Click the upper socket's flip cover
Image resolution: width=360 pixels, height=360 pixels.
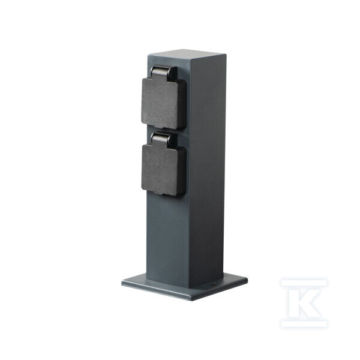(160, 103)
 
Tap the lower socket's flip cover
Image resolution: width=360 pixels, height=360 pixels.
(160, 169)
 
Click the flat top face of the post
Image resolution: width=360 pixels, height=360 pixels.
(187, 52)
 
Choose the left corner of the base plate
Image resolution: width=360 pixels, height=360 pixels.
(122, 282)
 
